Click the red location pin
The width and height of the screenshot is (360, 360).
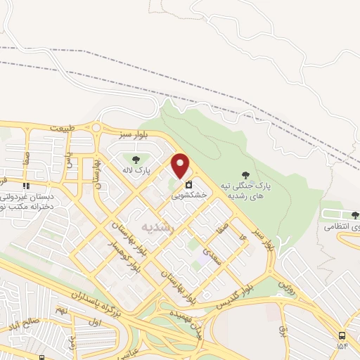point(181,166)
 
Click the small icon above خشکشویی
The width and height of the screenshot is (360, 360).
point(188,186)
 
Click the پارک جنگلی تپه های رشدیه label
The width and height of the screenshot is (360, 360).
point(246,190)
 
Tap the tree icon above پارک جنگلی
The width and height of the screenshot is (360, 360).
point(245,174)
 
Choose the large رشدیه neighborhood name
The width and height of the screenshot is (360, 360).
point(157,226)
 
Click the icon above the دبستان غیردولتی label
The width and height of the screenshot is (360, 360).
point(26,186)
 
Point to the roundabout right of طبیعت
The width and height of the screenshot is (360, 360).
point(96,127)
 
